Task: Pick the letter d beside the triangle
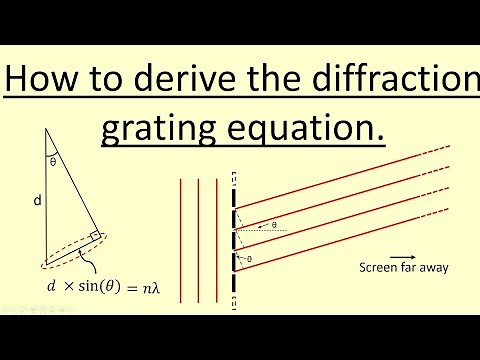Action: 37,200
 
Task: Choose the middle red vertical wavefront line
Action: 198,239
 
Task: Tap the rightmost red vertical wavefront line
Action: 216,239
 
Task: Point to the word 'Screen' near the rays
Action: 376,268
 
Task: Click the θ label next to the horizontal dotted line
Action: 274,225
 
